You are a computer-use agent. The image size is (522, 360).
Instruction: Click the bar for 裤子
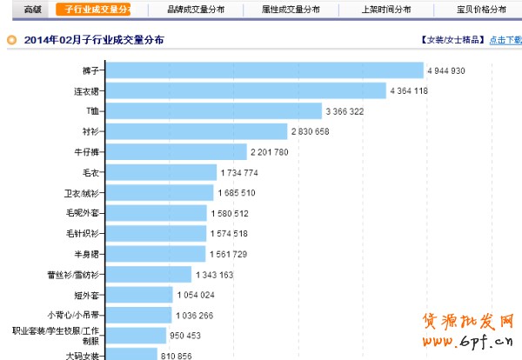(265, 70)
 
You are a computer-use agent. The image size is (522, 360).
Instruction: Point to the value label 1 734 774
(238, 172)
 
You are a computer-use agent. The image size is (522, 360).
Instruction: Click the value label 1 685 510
(237, 193)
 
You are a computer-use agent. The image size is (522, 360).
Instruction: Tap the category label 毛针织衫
(85, 233)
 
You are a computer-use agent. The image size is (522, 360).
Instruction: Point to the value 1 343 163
(215, 275)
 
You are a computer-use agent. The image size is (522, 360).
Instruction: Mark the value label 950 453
(184, 336)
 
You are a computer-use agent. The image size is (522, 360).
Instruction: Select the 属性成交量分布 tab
(290, 10)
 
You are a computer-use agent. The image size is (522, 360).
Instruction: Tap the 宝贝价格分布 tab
(481, 10)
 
